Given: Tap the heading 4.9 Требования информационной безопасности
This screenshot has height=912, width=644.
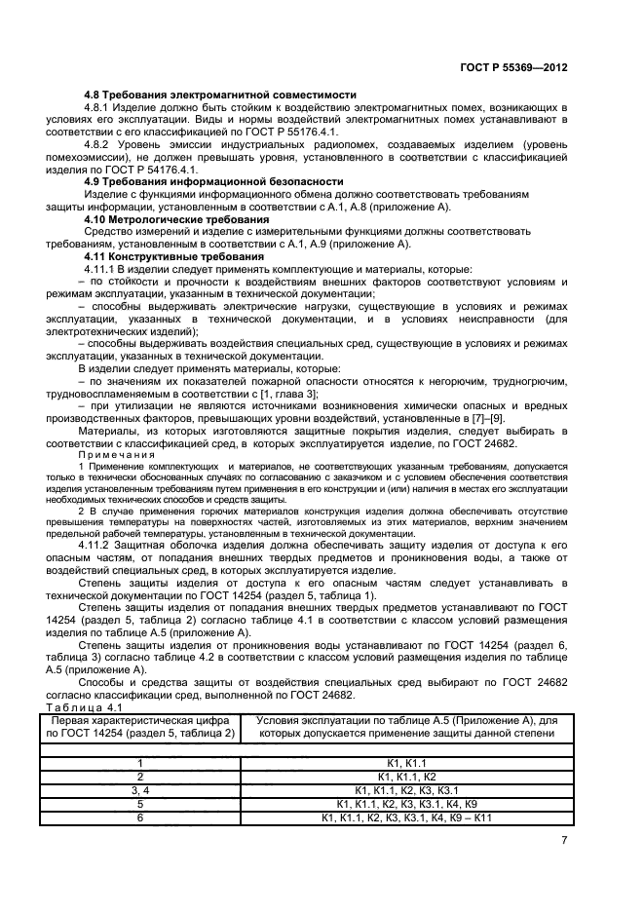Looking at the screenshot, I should click(x=213, y=182).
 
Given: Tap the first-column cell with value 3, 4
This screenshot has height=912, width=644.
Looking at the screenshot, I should click(x=139, y=790).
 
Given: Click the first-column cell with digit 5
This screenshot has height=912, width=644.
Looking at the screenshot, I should click(x=139, y=804).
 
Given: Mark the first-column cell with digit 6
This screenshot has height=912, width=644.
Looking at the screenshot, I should click(x=139, y=817).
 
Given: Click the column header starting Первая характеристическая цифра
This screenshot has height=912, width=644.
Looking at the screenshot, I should click(x=139, y=726).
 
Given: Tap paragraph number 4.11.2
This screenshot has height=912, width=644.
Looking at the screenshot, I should click(x=104, y=544).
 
